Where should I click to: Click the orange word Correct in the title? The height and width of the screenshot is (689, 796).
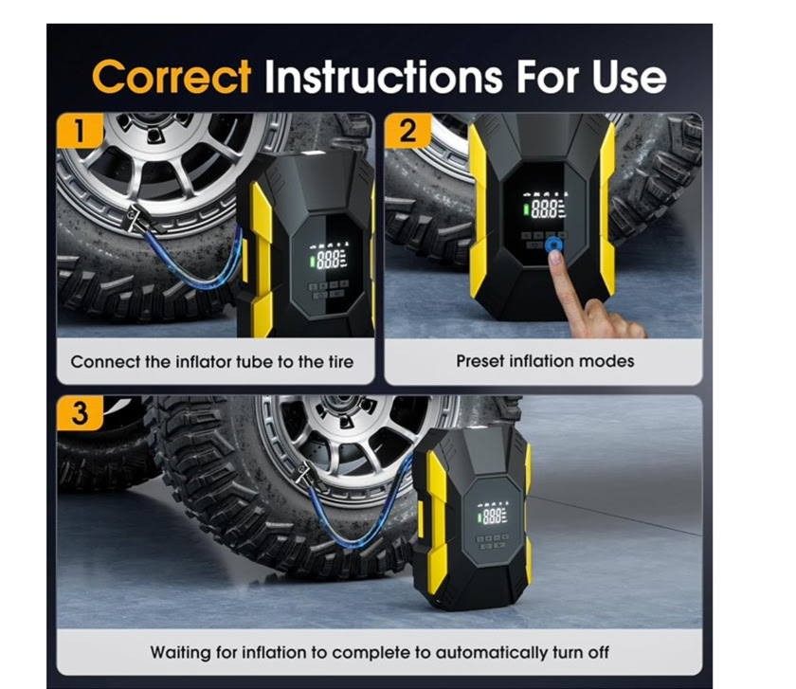click(172, 77)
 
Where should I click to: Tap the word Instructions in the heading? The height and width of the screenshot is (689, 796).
click(384, 77)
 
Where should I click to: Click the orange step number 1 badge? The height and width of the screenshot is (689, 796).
click(81, 131)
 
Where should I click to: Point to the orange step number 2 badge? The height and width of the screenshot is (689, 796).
click(407, 131)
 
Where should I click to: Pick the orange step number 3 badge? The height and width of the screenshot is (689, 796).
click(81, 413)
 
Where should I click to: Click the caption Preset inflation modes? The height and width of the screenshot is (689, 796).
click(545, 361)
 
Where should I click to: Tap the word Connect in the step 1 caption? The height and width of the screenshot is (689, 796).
click(105, 361)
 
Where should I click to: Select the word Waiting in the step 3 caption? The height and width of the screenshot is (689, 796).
click(180, 652)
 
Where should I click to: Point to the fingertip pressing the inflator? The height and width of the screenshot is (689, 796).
click(555, 257)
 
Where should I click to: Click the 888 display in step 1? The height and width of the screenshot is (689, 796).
click(329, 259)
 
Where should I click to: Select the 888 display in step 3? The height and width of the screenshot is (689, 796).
click(493, 517)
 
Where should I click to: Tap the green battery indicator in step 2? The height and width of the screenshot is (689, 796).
click(526, 209)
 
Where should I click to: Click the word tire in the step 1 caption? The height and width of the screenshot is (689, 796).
click(339, 361)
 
